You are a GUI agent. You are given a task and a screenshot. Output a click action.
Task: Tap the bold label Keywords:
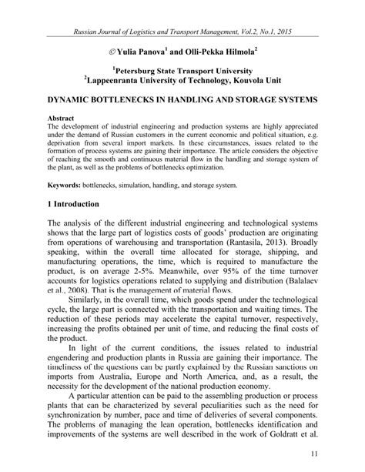coord(69,185)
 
